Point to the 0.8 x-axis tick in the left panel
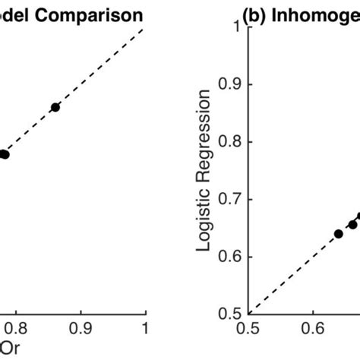16,327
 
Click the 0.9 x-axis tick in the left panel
81,327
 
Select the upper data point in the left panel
55,107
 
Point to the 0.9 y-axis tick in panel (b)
231,84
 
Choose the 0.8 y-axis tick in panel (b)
231,142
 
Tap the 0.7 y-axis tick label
231,199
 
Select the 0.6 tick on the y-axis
231,257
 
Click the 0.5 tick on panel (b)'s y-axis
231,314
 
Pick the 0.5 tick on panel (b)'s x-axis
248,328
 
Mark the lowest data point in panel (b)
339,233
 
